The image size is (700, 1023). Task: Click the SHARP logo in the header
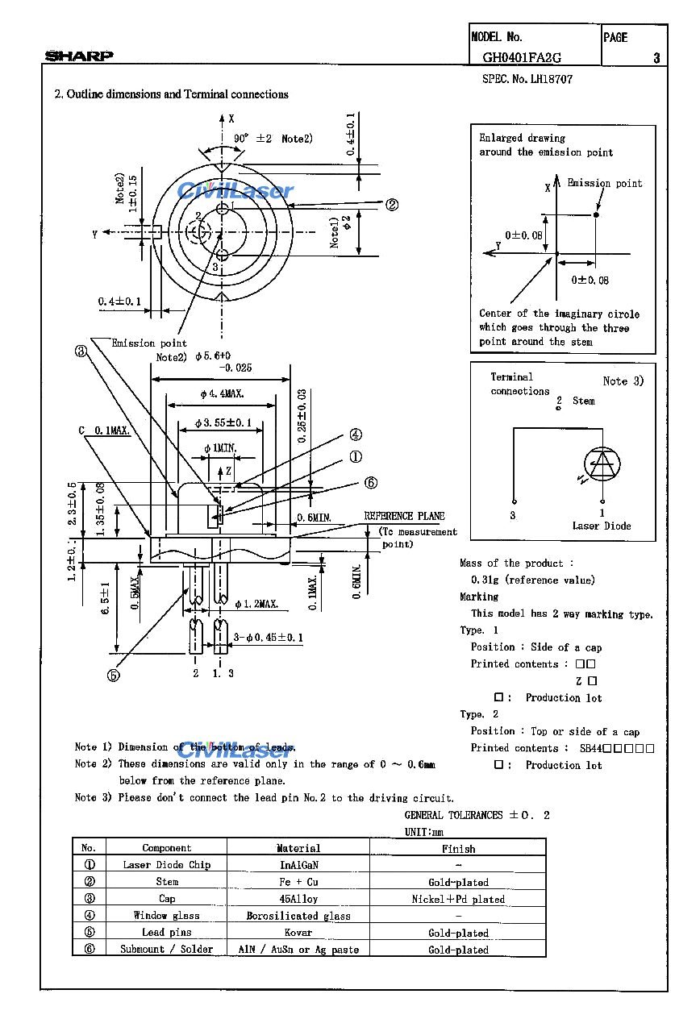(79, 56)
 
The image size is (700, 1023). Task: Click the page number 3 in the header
(656, 57)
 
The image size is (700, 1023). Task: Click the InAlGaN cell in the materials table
(298, 865)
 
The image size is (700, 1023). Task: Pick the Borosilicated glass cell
(298, 916)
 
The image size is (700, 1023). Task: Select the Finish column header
(458, 848)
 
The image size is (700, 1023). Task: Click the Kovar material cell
(298, 933)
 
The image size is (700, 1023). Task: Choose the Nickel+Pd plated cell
(458, 899)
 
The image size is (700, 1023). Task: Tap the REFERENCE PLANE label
(404, 516)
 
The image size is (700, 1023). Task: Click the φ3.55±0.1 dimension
(223, 422)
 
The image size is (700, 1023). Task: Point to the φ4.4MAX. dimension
(223, 394)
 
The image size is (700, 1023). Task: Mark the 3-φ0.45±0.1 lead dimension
(269, 638)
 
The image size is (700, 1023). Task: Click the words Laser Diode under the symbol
(602, 526)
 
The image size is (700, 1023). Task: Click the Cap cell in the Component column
(166, 899)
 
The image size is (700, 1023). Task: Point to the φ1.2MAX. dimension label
(256, 603)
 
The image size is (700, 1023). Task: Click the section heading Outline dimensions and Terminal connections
(171, 94)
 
